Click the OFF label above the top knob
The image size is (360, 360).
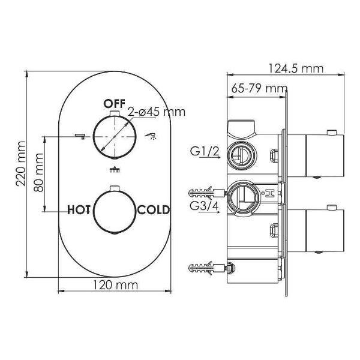point(114,104)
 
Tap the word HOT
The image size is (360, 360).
point(79,210)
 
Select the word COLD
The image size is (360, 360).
point(154,210)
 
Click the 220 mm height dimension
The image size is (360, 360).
point(20,164)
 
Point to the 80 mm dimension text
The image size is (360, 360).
point(38,172)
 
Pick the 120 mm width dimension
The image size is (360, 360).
point(115,285)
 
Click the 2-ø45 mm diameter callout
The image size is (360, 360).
point(157,112)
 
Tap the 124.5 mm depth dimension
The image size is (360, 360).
point(296,68)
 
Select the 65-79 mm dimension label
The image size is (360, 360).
point(259,88)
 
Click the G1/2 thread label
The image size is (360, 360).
point(205,151)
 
